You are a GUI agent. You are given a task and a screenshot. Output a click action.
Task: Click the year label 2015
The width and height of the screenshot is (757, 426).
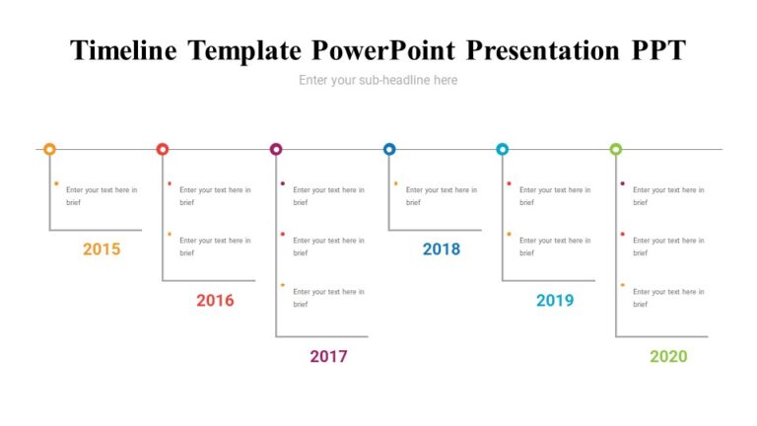point(102,249)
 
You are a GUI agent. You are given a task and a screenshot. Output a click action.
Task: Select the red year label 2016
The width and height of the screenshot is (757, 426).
point(215,301)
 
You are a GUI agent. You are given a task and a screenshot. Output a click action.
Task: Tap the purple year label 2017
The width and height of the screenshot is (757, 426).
point(328,356)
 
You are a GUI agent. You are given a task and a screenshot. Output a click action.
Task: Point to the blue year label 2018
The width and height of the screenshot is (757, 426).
point(442,249)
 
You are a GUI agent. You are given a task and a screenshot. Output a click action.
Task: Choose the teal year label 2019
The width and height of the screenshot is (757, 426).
point(555,301)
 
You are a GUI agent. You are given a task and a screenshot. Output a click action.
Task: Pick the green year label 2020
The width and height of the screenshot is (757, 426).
point(668,356)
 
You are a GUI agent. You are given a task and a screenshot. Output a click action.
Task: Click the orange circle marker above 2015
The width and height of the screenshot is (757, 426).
point(49,149)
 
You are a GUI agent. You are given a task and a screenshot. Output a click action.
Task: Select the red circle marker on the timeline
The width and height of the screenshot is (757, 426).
point(163,149)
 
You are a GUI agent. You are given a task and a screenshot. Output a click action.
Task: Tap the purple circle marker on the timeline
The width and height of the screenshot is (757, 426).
point(276,149)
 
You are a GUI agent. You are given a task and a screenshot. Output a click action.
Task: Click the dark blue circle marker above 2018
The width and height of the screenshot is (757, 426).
point(389,149)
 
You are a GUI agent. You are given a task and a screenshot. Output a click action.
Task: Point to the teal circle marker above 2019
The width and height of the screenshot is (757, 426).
point(503,149)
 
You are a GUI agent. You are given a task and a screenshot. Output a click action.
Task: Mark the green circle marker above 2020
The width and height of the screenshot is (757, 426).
point(616,149)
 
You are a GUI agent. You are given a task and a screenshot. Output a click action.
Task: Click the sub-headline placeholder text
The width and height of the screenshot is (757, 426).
point(378,80)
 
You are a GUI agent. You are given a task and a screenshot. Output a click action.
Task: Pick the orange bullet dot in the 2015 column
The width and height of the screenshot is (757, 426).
point(56,183)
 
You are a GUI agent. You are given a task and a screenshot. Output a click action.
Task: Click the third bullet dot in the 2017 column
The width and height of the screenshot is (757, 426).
point(283,285)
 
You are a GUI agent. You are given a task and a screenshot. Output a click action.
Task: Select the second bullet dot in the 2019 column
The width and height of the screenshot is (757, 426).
point(510,234)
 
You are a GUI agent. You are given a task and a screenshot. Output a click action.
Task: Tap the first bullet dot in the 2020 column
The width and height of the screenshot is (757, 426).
point(623,183)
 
